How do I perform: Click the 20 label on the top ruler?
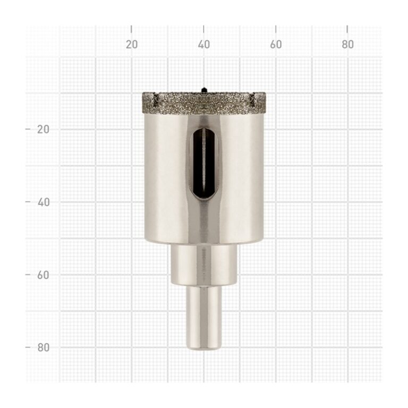pyautogui.click(x=132, y=45)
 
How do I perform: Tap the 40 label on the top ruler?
pyautogui.click(x=204, y=45)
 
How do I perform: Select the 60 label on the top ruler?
pyautogui.click(x=276, y=45)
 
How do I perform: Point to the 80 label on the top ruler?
pyautogui.click(x=347, y=45)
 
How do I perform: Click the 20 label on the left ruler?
pyautogui.click(x=43, y=129)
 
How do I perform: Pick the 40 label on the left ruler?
pyautogui.click(x=44, y=202)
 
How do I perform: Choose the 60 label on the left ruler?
pyautogui.click(x=43, y=275)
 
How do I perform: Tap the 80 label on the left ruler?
pyautogui.click(x=44, y=347)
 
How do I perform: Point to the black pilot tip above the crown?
pyautogui.click(x=204, y=90)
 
